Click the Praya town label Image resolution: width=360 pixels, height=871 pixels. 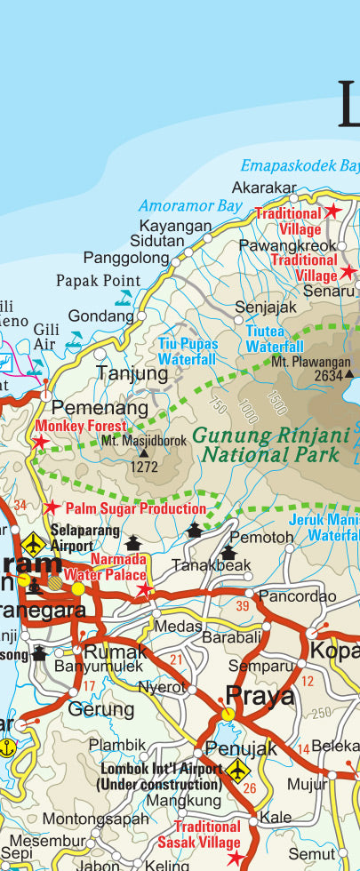260,695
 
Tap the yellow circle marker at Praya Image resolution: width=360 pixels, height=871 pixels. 228,714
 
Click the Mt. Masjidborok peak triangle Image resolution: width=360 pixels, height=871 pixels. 143,452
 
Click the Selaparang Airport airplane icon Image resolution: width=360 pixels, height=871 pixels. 35,541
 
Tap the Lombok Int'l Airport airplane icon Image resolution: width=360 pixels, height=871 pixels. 237,771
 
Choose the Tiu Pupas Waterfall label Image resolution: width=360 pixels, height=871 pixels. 187,352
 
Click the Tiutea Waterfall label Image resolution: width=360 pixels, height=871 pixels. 275,340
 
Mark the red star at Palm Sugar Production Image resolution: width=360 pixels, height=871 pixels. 52,507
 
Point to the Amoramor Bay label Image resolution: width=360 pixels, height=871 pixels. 189,205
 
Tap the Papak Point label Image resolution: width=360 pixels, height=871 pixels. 98,281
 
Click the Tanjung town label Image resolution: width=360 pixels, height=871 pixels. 132,373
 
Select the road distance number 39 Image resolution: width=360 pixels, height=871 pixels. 243,606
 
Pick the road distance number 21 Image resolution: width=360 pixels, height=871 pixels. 176,659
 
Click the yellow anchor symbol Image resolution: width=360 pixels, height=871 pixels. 8,747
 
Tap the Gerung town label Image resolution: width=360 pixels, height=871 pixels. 100,709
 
